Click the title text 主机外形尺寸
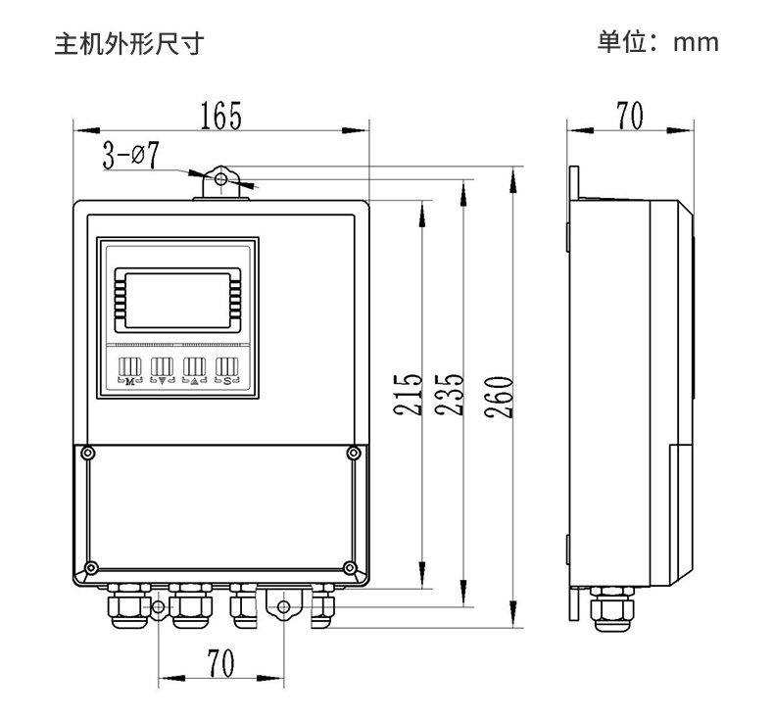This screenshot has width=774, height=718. pyautogui.click(x=128, y=43)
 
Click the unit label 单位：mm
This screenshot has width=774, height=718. pyautogui.click(x=658, y=42)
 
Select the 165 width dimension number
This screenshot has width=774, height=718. pyautogui.click(x=220, y=116)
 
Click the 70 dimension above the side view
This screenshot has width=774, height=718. pyautogui.click(x=629, y=116)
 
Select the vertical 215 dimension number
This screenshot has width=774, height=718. pyautogui.click(x=409, y=395)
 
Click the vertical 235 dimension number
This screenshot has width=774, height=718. pyautogui.click(x=449, y=395)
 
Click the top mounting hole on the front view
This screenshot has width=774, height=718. pyautogui.click(x=222, y=180)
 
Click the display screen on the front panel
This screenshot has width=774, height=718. pyautogui.click(x=177, y=299)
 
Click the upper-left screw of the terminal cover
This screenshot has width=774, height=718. pyautogui.click(x=89, y=454)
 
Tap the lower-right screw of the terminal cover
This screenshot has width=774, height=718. pyautogui.click(x=350, y=566)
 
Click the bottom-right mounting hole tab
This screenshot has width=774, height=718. pyautogui.click(x=283, y=606)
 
